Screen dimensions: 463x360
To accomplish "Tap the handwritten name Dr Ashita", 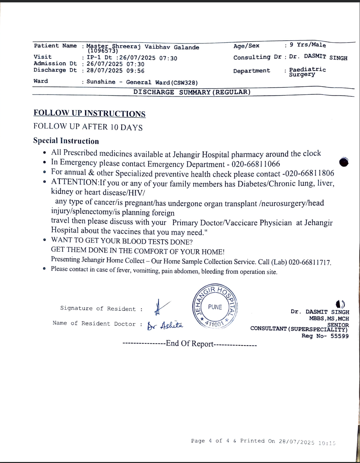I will pos(165,326).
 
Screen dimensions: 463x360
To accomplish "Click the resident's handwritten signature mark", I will pos(159,307).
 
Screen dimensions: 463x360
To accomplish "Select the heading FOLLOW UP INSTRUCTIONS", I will pos(89,113).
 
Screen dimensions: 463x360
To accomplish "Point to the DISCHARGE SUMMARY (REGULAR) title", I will pos(192,92).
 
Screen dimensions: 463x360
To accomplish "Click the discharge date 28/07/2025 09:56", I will pos(115,71).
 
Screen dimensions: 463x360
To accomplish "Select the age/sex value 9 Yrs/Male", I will pos(308,45).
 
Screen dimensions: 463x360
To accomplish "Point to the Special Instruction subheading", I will pos(66,141).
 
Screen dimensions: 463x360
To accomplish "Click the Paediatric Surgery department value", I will pos(307,72).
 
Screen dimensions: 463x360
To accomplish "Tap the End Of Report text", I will pos(189,344).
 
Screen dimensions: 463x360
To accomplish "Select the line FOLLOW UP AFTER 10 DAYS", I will pos(88,127).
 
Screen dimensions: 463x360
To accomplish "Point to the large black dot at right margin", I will pos(343,162).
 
